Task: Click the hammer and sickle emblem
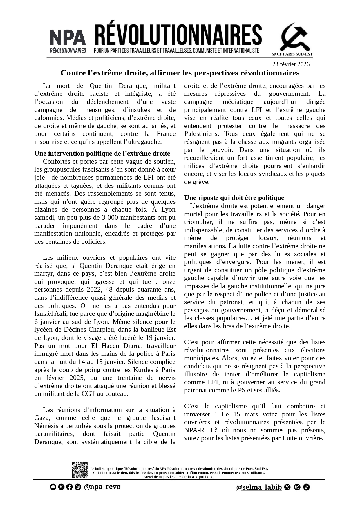tap(294, 37)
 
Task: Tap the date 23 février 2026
tap(291, 64)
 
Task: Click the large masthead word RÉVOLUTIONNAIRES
tap(178, 35)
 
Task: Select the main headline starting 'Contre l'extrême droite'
tap(180, 73)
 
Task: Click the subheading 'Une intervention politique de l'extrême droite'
tap(102, 153)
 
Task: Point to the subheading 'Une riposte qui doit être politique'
tap(234, 198)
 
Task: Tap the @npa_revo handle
tap(102, 487)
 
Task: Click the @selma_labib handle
tap(259, 487)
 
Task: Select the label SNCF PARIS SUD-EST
tap(292, 54)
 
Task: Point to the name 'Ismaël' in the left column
tap(44, 314)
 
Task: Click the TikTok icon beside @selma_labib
tap(306, 487)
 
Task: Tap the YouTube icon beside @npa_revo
tap(53, 487)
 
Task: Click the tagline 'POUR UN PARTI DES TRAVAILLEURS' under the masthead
tap(176, 50)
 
